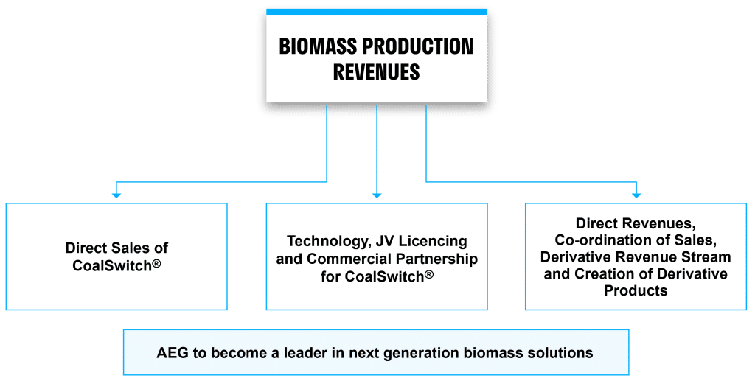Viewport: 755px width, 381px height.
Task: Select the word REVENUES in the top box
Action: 376,71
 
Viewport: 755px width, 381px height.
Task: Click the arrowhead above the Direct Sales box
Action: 116,195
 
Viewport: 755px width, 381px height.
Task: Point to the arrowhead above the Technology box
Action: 377,195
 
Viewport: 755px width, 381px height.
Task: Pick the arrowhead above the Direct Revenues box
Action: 636,195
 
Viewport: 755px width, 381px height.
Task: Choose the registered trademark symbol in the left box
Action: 156,262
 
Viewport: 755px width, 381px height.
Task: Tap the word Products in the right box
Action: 636,291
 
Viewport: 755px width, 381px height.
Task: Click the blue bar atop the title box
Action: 377,13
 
